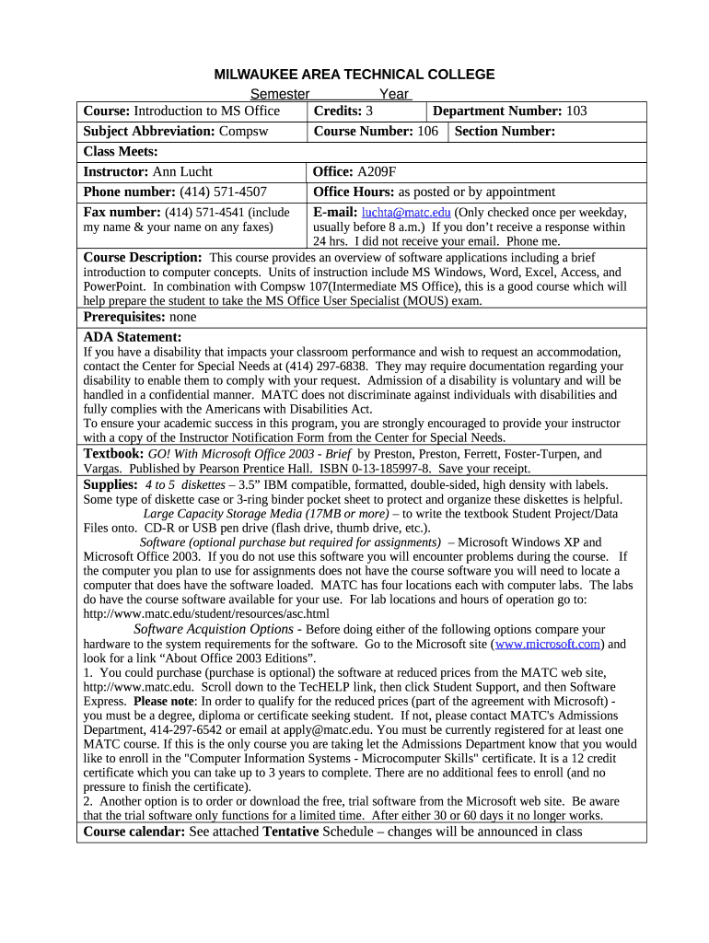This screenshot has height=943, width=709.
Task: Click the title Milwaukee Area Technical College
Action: pos(354,75)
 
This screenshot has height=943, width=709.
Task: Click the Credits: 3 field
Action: pos(343,111)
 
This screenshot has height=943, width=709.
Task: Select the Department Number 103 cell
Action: pos(509,111)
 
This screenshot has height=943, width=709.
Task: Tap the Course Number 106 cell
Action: pos(376,132)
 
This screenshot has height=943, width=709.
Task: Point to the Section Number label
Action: pos(505,132)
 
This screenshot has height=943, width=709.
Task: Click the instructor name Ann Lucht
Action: pos(182,171)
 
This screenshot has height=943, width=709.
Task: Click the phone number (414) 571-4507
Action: pos(223,192)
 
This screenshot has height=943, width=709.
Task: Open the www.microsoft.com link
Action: pos(548,645)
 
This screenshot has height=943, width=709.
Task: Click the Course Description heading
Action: pos(142,258)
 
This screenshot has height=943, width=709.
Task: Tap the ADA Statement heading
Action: pos(133,337)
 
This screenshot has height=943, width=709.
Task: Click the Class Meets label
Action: pos(121,151)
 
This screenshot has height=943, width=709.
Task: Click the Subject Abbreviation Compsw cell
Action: pos(175,132)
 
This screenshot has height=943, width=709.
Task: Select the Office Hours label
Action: pos(354,192)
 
